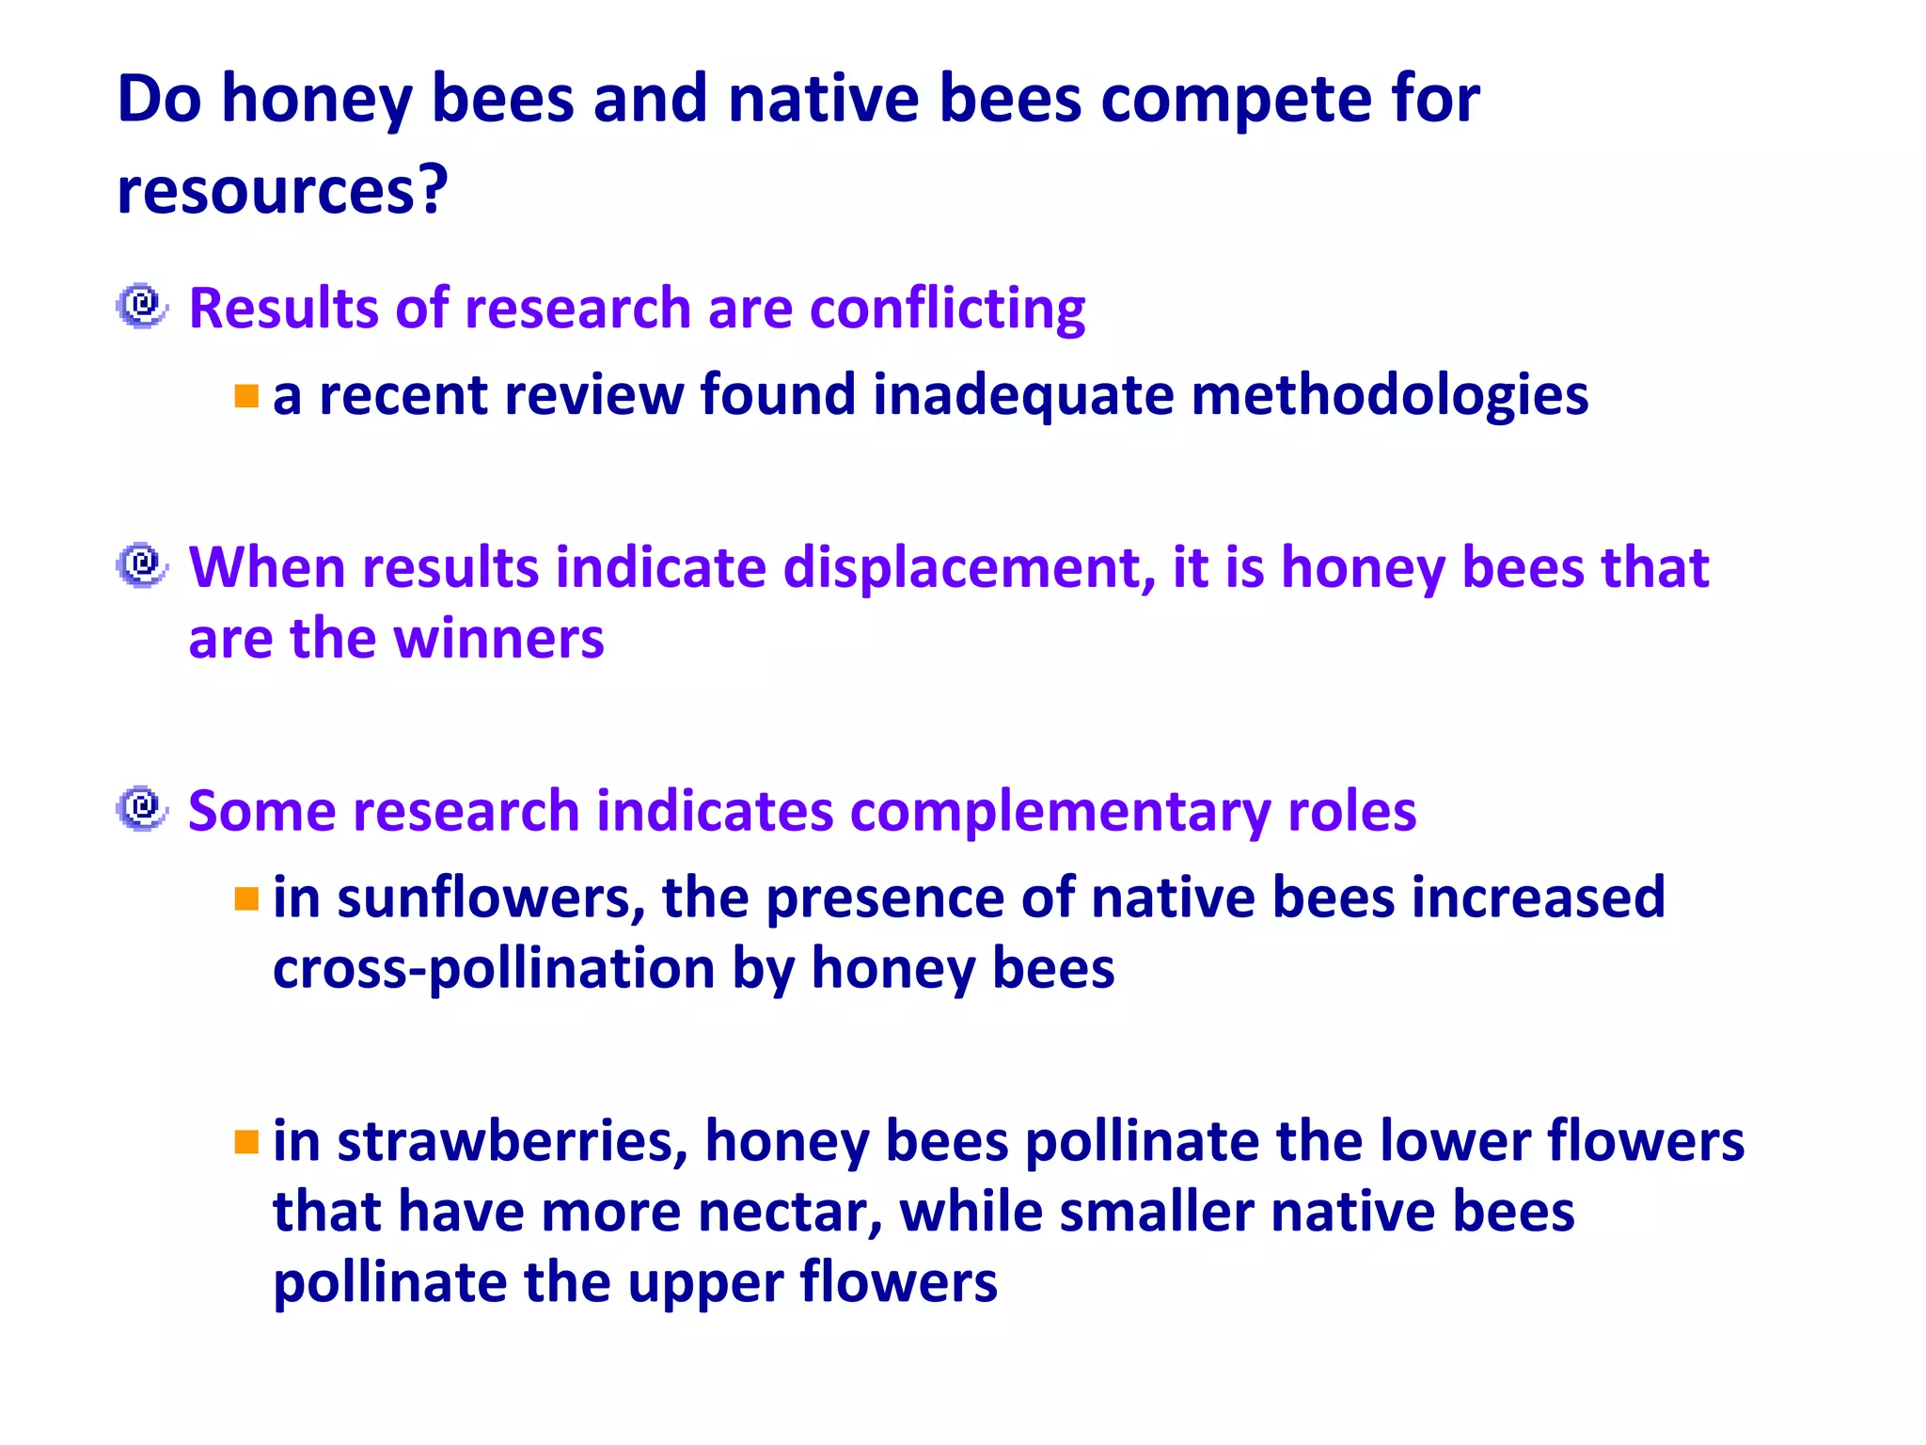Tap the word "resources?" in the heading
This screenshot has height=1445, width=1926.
coord(282,191)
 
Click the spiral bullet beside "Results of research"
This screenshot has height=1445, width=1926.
coord(142,306)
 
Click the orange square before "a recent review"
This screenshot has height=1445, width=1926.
coord(246,396)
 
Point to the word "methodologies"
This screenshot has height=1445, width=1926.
coord(1389,395)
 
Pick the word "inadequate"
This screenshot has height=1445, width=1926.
coord(1023,395)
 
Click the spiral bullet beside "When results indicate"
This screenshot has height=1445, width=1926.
coord(142,565)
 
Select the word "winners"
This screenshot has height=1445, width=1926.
coord(498,639)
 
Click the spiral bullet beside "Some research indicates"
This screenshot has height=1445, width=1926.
coord(142,808)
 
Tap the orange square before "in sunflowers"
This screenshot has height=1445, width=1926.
coord(246,899)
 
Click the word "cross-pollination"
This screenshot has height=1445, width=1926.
coord(494,970)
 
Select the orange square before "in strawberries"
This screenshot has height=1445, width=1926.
coord(246,1142)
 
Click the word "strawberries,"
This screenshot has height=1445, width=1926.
coord(513,1142)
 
